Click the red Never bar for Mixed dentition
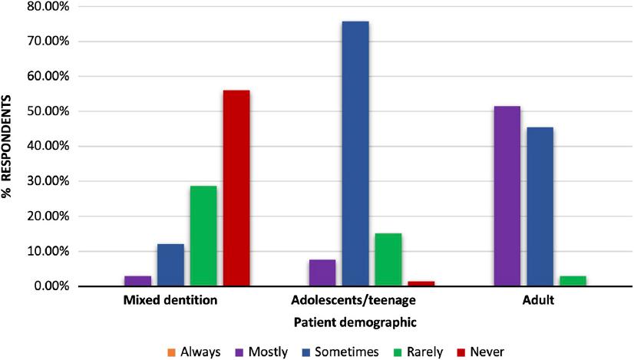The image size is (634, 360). (236, 188)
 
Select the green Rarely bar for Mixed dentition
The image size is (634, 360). (203, 236)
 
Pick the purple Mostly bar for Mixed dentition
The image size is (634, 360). (138, 281)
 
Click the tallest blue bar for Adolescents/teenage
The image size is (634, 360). (355, 154)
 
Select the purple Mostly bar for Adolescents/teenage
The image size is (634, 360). (322, 272)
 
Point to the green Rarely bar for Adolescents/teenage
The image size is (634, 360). (388, 259)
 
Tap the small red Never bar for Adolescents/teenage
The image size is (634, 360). (421, 283)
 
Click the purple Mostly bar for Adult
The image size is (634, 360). (507, 196)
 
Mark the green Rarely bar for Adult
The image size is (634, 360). (573, 281)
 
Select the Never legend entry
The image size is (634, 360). (481, 352)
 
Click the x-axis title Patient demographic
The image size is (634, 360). (355, 323)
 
